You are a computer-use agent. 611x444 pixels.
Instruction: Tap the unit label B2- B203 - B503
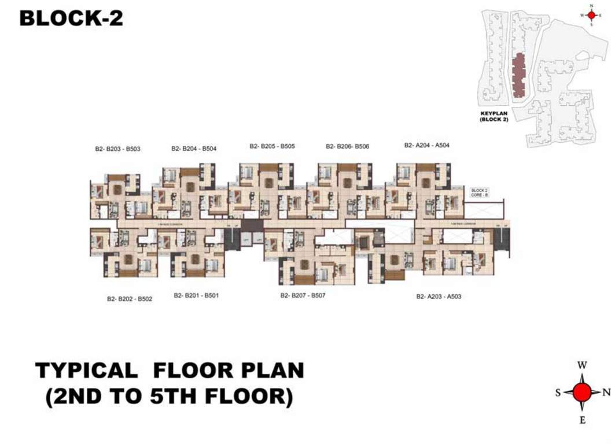click(118, 149)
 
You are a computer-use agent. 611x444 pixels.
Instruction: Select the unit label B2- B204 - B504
click(194, 149)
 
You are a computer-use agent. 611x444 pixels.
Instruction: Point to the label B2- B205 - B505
click(272, 146)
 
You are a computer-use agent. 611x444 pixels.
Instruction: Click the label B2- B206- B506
click(347, 146)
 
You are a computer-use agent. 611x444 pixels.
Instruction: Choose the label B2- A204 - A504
click(426, 146)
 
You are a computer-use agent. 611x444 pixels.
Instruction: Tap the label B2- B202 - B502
click(129, 299)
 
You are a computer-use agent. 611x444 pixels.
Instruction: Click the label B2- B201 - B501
click(196, 295)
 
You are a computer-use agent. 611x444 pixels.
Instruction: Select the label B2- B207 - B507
click(303, 295)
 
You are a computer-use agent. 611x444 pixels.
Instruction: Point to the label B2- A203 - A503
click(439, 297)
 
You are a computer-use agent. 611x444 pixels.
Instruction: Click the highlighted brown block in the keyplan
click(519, 75)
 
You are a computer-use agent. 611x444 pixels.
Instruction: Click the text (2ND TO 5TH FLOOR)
click(169, 397)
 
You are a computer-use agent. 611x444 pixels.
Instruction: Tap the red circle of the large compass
click(583, 392)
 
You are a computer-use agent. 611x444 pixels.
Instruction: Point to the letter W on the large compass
click(583, 365)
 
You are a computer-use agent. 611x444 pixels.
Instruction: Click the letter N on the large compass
click(606, 392)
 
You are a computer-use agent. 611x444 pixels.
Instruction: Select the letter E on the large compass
click(583, 420)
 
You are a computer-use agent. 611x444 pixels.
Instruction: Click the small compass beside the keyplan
click(591, 15)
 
